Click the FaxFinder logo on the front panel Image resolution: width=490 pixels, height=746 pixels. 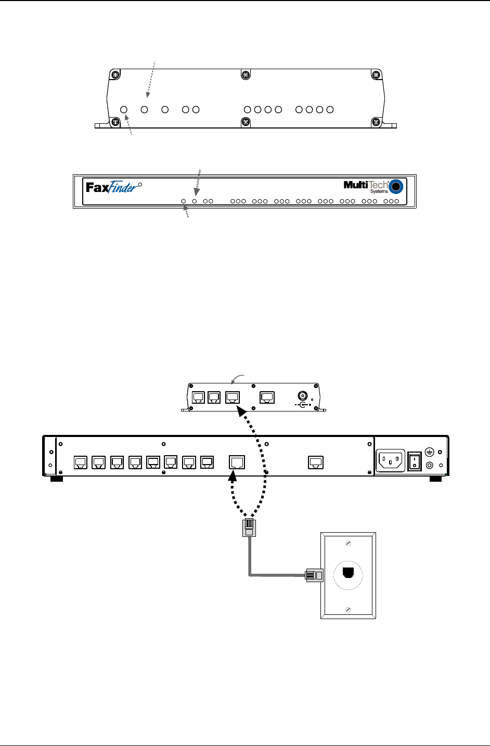click(x=112, y=187)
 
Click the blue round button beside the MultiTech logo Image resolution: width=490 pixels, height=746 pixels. click(x=397, y=187)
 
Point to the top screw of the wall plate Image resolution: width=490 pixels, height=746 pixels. click(x=348, y=543)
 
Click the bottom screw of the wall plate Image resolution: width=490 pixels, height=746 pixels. click(x=348, y=609)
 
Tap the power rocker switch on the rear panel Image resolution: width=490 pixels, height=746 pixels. click(x=414, y=461)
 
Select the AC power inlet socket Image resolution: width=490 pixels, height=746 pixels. click(x=391, y=460)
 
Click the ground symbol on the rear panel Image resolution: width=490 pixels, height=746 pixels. click(x=430, y=453)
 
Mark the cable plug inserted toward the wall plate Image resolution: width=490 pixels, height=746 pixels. click(x=313, y=575)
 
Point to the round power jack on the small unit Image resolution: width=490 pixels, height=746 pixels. click(x=301, y=396)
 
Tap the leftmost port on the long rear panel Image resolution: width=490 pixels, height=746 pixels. click(x=80, y=462)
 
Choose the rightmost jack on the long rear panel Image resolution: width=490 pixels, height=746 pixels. click(x=315, y=462)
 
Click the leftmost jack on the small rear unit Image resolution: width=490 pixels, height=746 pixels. click(x=198, y=397)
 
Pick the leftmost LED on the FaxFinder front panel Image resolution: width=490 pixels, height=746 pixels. click(x=184, y=201)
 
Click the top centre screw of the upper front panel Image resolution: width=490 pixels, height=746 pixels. click(x=246, y=74)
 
